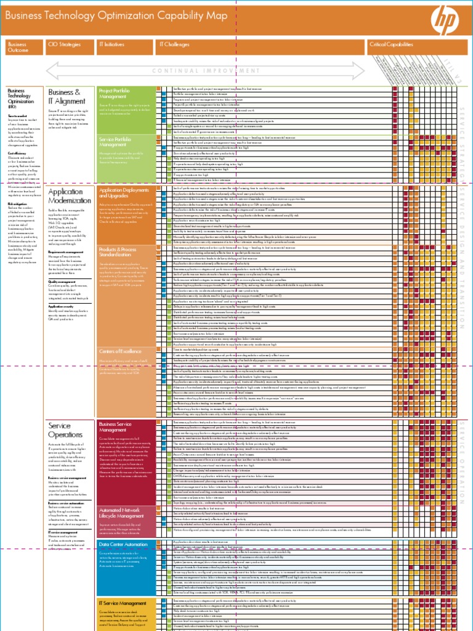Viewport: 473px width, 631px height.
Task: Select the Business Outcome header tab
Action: pos(17,47)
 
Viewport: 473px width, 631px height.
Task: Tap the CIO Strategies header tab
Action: pos(64,44)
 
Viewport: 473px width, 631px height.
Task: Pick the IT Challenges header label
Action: pos(175,44)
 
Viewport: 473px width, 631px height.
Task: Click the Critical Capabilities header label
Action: pos(391,44)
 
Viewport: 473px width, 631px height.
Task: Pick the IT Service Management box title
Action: pos(123,603)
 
